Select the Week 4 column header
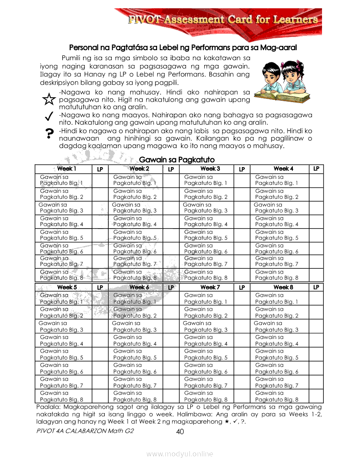click(x=283, y=169)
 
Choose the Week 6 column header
click(x=139, y=288)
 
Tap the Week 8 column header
click(x=283, y=288)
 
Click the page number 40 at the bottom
click(x=180, y=432)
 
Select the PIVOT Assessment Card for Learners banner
click(x=223, y=20)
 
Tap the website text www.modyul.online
click(x=180, y=454)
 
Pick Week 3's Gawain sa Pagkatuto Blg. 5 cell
click(x=206, y=235)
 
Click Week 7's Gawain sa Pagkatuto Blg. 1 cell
click(x=206, y=298)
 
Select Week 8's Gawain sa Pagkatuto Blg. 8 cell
click(x=277, y=396)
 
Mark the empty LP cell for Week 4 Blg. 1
click(x=316, y=180)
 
